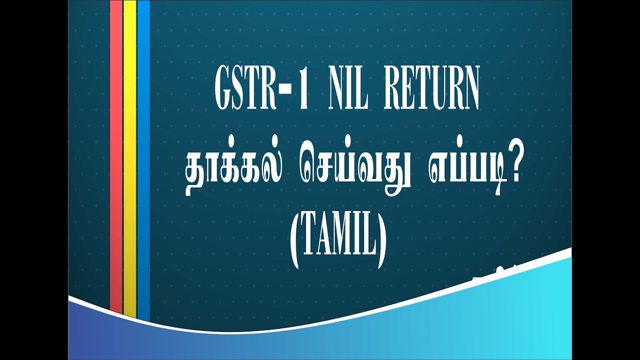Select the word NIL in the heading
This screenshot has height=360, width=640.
coord(348,91)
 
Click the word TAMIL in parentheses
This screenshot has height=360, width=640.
coord(338,242)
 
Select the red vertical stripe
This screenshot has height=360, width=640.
coord(116,155)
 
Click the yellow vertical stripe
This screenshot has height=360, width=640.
coord(130,155)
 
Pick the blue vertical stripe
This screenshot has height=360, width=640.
coord(143,155)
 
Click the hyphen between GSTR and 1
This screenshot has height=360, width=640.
coord(287,92)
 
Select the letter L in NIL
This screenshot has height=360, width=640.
coord(364,91)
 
